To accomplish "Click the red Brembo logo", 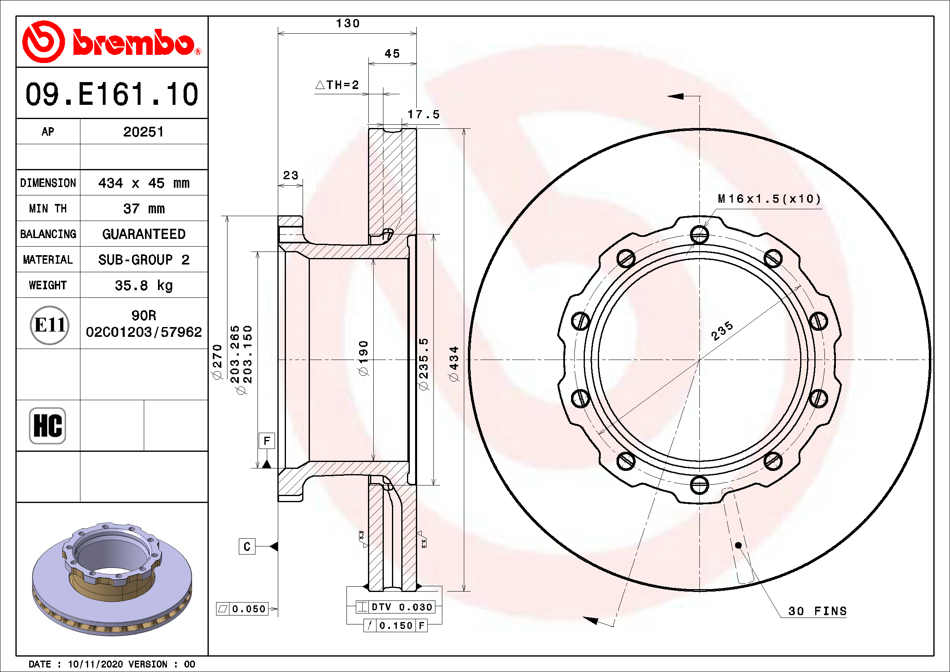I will tap(112, 42).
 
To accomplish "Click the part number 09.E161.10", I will tap(112, 94).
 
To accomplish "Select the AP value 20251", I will tap(143, 132).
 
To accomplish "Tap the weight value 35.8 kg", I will tap(143, 285).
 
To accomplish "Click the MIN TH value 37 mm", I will tap(143, 208).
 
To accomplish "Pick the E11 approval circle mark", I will tap(49, 325).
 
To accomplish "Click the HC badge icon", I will tap(48, 425).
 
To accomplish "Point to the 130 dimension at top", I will tap(348, 24).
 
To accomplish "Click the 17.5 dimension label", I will tap(423, 115).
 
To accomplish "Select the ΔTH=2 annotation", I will tap(337, 85).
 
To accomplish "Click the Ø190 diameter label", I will tap(363, 358).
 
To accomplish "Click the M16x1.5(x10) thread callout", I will tap(769, 199).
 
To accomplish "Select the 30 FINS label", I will tap(817, 611).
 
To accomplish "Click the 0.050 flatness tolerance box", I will tap(243, 609).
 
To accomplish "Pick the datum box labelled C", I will tap(247, 546).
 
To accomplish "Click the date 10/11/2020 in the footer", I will tap(95, 664).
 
